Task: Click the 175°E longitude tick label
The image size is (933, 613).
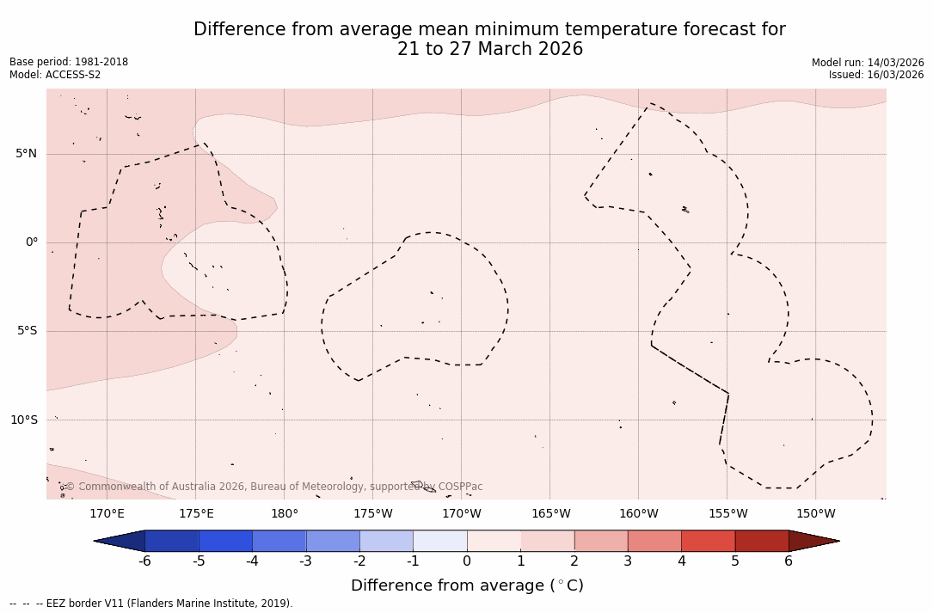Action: [196, 514]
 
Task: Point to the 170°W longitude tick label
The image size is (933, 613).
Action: [462, 514]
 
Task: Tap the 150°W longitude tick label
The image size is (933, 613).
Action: [815, 514]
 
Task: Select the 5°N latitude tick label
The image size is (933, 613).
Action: [27, 154]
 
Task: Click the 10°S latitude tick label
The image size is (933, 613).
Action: [23, 420]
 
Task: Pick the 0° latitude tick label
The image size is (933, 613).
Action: [32, 242]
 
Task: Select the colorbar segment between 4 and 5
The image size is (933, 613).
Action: [708, 541]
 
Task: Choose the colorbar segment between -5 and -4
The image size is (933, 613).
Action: [225, 541]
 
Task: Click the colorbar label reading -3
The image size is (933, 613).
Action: [305, 561]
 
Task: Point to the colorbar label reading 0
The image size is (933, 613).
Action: [467, 561]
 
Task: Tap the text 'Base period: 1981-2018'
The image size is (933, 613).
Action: [69, 62]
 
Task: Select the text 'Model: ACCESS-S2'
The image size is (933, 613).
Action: [55, 75]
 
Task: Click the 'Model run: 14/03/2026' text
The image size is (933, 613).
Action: [868, 63]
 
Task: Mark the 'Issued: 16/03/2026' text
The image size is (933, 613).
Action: [876, 75]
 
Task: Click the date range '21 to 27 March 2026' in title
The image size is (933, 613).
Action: [490, 50]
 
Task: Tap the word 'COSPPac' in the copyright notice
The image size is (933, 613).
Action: [460, 487]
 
